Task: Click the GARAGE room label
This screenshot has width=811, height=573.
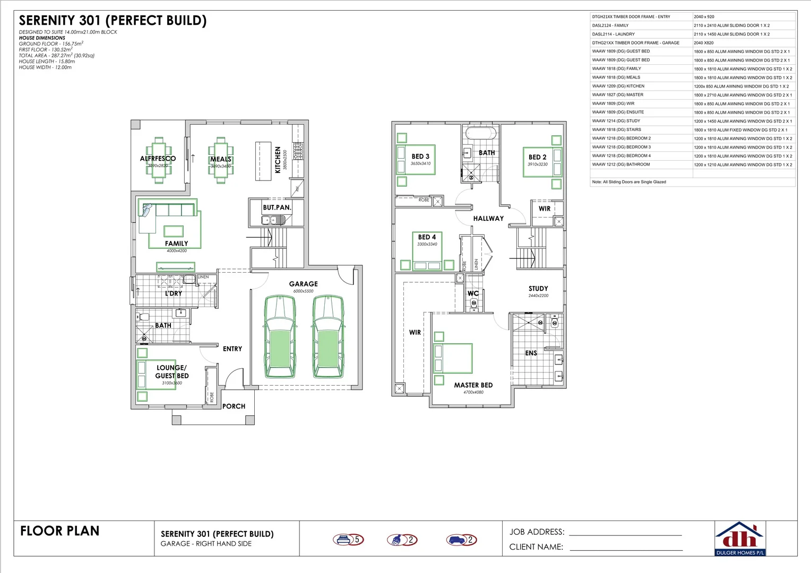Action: pyautogui.click(x=303, y=284)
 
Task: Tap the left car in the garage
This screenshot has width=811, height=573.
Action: pyautogui.click(x=280, y=336)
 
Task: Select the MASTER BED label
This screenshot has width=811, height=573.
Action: pyautogui.click(x=473, y=385)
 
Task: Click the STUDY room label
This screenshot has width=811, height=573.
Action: pyautogui.click(x=538, y=289)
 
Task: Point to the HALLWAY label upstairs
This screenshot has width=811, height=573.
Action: pyautogui.click(x=488, y=218)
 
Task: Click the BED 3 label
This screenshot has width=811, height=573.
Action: pyautogui.click(x=420, y=157)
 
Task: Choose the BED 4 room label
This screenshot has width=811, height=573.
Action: pyautogui.click(x=427, y=237)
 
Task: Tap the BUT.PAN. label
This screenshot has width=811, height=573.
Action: pyautogui.click(x=277, y=207)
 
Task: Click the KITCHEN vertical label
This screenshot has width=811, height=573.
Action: pyautogui.click(x=278, y=160)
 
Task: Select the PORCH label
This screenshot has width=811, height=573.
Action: pyautogui.click(x=234, y=406)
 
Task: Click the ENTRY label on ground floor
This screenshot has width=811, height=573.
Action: pyautogui.click(x=232, y=349)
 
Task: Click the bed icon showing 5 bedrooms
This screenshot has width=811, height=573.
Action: pyautogui.click(x=343, y=540)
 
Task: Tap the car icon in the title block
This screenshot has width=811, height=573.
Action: pyautogui.click(x=456, y=540)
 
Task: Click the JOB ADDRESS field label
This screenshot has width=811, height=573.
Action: pyautogui.click(x=537, y=532)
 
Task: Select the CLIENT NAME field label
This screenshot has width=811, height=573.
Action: pyautogui.click(x=536, y=547)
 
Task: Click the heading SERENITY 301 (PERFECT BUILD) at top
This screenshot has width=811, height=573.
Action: pyautogui.click(x=113, y=21)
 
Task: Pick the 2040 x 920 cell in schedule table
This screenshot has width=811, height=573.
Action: pyautogui.click(x=704, y=17)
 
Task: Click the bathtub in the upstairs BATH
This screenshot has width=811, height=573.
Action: pyautogui.click(x=481, y=133)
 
